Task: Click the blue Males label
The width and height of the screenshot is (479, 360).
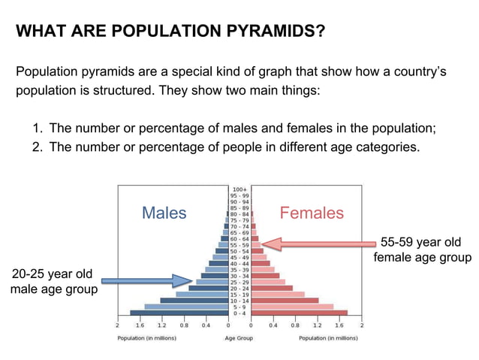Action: (x=164, y=213)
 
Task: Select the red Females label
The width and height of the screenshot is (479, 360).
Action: (x=312, y=213)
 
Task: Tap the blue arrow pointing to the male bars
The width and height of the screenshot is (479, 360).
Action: (x=146, y=281)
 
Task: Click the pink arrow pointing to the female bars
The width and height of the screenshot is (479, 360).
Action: (x=319, y=244)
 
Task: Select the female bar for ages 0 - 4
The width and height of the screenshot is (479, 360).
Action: (x=299, y=313)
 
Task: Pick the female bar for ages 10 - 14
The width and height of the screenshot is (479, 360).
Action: (x=285, y=301)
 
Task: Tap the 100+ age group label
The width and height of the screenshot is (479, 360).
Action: (x=239, y=189)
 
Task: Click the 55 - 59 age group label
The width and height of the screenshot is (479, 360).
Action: (x=239, y=245)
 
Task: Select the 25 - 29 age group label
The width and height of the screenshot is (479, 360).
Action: (x=239, y=282)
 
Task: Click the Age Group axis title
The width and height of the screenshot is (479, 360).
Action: (x=239, y=338)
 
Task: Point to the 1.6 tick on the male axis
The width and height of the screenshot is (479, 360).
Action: (x=139, y=327)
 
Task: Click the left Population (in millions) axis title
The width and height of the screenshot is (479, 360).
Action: (x=146, y=338)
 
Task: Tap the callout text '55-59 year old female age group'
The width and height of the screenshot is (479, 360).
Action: (x=422, y=250)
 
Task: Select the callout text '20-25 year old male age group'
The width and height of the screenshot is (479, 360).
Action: (x=52, y=281)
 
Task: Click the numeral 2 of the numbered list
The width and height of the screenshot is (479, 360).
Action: (x=36, y=147)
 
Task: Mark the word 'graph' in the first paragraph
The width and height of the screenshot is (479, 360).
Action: (x=296, y=73)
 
